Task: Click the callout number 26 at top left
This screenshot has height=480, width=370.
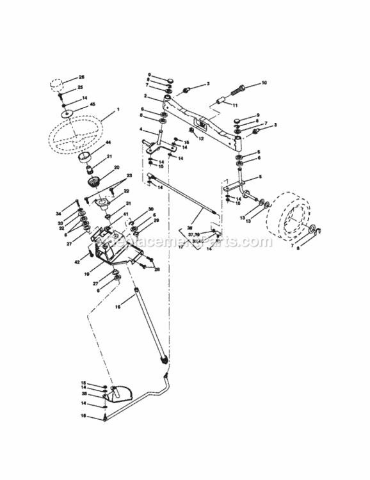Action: pyautogui.click(x=81, y=77)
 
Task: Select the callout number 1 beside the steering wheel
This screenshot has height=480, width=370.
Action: pyautogui.click(x=118, y=110)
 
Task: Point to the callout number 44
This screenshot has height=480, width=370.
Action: pyautogui.click(x=108, y=142)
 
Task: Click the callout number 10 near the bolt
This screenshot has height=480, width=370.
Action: pyautogui.click(x=264, y=83)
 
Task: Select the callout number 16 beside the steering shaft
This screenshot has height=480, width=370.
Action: pyautogui.click(x=117, y=308)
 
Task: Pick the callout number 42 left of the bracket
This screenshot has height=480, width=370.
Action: pyautogui.click(x=77, y=261)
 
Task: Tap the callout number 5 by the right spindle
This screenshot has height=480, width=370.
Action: pyautogui.click(x=259, y=177)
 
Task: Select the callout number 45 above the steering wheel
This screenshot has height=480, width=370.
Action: pyautogui.click(x=93, y=105)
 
